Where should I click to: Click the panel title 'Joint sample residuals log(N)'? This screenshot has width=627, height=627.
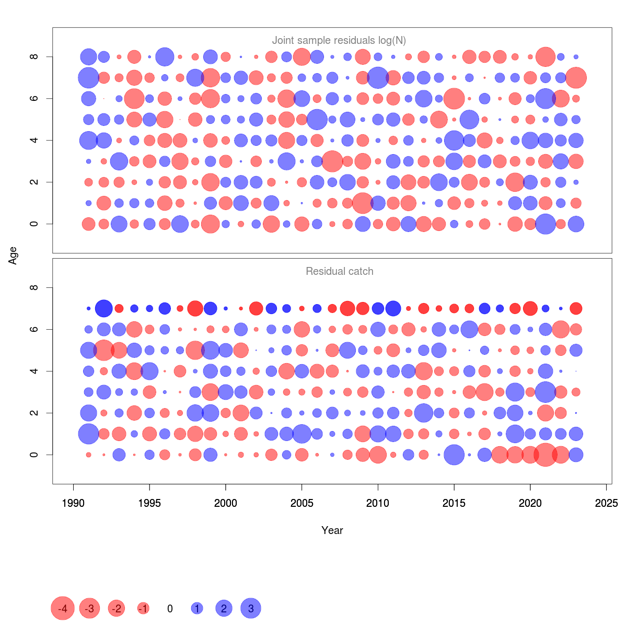click(x=339, y=40)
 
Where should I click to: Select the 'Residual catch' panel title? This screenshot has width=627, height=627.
click(x=340, y=271)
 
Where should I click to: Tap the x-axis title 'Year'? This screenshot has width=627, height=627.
click(x=332, y=530)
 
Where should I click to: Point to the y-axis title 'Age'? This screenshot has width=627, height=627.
click(x=13, y=256)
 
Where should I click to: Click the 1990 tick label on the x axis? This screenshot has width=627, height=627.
click(x=73, y=503)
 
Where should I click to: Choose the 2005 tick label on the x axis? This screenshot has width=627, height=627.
click(x=302, y=503)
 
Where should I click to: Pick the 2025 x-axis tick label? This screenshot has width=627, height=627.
click(x=607, y=503)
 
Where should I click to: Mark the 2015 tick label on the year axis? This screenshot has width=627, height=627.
click(x=454, y=503)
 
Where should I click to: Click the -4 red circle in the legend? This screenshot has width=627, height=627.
click(x=63, y=609)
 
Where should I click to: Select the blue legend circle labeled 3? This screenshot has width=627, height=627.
click(x=251, y=609)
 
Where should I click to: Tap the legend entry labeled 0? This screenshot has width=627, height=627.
click(x=170, y=609)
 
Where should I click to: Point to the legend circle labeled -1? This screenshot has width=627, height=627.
click(x=143, y=609)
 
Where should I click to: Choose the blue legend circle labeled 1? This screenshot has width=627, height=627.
click(x=197, y=609)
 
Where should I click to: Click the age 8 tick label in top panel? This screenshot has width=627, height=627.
click(x=34, y=56)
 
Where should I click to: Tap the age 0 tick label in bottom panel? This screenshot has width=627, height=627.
click(x=34, y=455)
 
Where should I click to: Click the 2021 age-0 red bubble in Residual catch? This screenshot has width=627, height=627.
click(x=545, y=455)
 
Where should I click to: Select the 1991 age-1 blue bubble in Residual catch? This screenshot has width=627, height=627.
click(x=88, y=434)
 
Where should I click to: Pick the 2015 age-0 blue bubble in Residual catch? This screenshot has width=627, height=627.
click(x=454, y=455)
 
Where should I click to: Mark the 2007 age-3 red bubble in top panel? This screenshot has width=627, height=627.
click(x=332, y=161)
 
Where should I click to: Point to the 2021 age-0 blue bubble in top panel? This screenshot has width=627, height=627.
click(x=545, y=224)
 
